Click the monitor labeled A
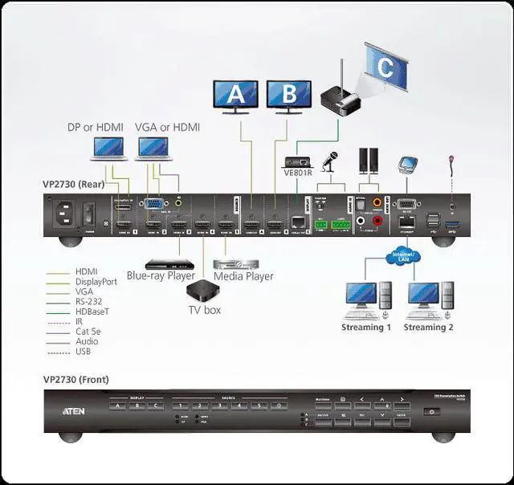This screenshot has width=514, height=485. tap(235, 96)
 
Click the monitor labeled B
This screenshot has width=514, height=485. tap(290, 96)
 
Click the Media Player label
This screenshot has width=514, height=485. tap(243, 276)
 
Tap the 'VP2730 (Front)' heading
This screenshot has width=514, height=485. tap(76, 379)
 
